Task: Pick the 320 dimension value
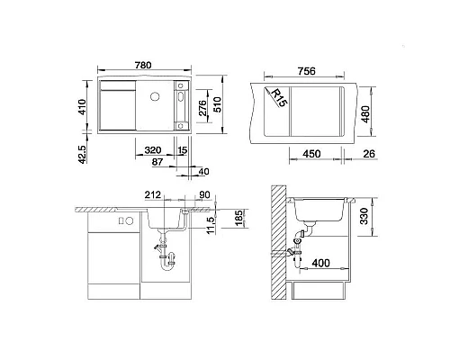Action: [x=152, y=150]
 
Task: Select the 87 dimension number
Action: [x=158, y=162]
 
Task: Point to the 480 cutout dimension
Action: [x=364, y=116]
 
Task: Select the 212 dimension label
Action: [x=152, y=192]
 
